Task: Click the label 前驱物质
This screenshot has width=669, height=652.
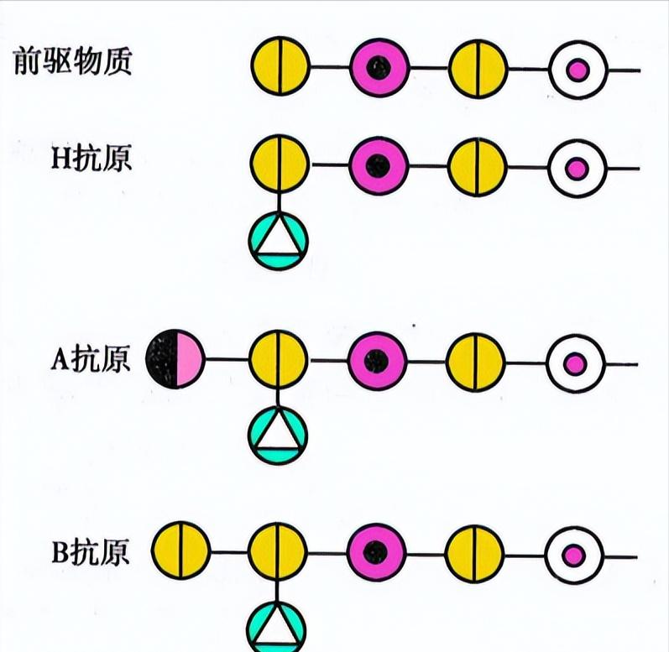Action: [73, 63]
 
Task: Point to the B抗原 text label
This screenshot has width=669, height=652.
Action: [91, 554]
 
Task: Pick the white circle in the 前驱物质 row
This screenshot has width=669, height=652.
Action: [577, 70]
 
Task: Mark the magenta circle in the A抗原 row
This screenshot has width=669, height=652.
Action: [378, 362]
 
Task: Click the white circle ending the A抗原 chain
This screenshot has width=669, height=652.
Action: [574, 363]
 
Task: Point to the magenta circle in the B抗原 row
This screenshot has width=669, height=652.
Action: [377, 551]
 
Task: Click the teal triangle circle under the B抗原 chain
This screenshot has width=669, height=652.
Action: [278, 626]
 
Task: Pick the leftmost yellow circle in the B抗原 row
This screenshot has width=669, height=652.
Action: [180, 551]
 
